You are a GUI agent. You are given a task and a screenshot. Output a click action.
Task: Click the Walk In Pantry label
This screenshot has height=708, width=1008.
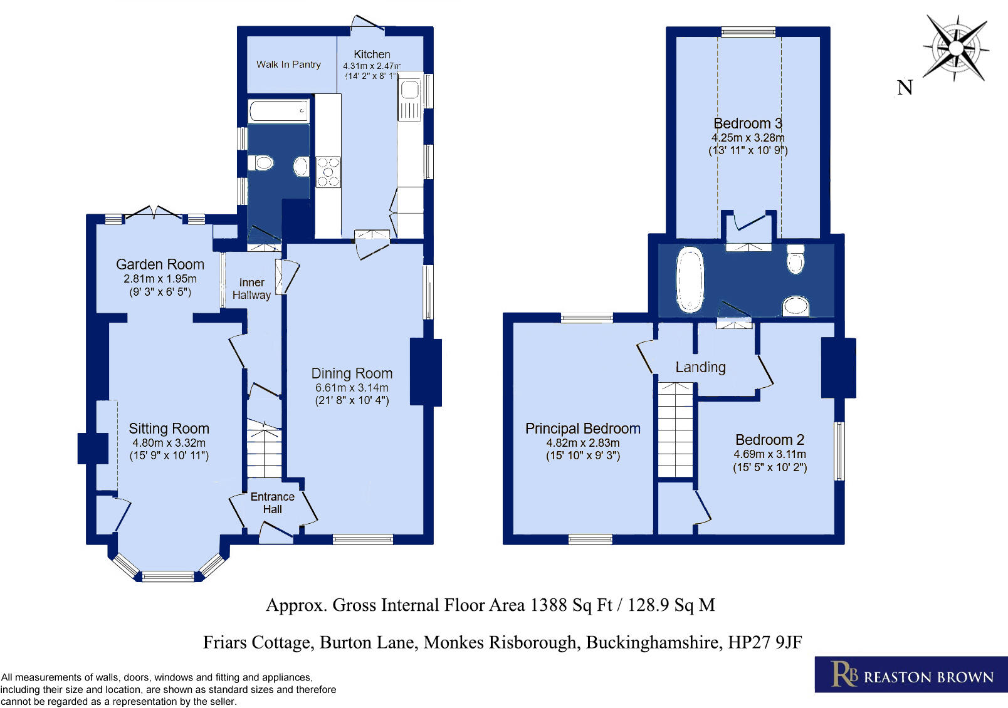coord(288,65)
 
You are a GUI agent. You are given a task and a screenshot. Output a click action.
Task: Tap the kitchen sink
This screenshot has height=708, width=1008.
coord(410,91)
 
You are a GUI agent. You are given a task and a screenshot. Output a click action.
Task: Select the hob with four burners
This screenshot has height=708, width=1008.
coord(328,172)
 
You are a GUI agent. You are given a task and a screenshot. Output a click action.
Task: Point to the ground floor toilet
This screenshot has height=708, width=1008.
coord(262,163)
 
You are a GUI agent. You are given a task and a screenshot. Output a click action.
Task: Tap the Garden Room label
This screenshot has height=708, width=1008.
coord(160,264)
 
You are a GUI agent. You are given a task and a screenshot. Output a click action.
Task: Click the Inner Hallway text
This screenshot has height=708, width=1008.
coord(251,289)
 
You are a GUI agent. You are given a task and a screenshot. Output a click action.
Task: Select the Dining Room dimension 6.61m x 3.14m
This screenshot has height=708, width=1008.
coord(352,388)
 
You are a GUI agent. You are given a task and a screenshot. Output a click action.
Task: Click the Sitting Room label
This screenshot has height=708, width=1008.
coord(169,429)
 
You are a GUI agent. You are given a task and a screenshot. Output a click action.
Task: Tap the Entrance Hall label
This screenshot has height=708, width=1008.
coord(272,502)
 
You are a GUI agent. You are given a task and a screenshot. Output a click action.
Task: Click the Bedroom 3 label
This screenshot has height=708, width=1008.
coord(748,123)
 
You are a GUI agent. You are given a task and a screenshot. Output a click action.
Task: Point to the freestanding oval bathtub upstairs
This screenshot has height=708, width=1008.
coord(690,279)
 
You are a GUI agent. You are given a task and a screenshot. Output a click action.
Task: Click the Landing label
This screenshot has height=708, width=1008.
coord(700,367)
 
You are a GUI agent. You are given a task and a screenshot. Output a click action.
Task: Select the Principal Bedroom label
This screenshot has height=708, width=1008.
coord(582,429)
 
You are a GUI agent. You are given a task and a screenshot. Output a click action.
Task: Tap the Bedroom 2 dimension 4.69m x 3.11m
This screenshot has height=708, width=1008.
coord(770,454)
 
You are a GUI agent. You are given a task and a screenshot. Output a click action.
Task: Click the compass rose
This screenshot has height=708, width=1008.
coord(956,48)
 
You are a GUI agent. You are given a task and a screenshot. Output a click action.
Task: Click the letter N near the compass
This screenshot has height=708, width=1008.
coord(905,88)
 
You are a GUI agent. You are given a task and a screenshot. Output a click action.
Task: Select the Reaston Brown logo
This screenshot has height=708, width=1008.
coord(911,675)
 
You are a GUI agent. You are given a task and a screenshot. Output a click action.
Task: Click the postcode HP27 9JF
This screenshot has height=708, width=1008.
coord(765,642)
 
